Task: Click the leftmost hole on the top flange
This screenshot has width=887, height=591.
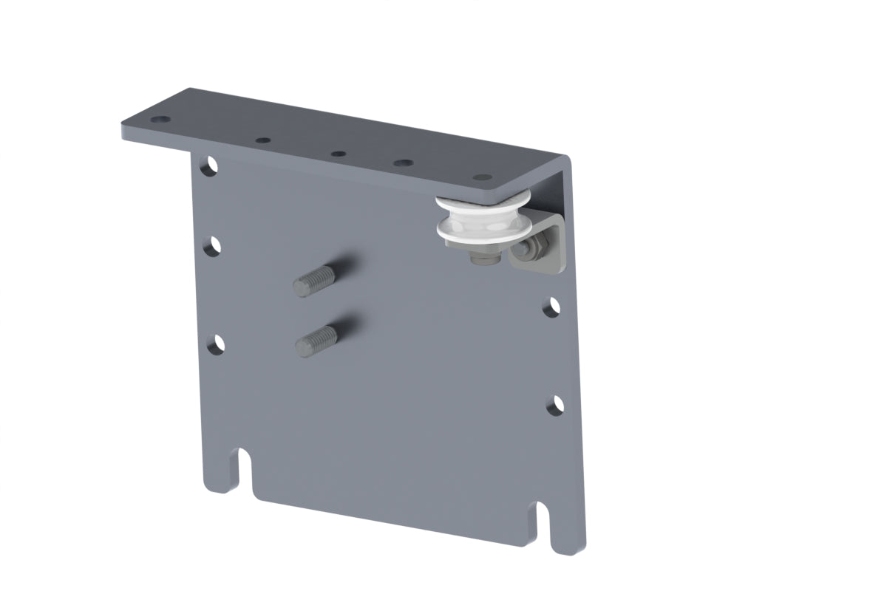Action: click(159, 120)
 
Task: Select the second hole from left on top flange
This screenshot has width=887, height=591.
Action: click(262, 139)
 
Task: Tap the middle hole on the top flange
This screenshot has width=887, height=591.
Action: click(338, 154)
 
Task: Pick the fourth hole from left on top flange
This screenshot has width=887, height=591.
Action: click(403, 163)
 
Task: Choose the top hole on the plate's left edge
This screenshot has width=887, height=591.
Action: click(210, 164)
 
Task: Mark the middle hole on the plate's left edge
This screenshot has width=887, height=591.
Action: click(213, 245)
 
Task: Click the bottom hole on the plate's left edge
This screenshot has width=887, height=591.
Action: click(215, 343)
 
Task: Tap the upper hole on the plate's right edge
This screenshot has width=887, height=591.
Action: click(551, 307)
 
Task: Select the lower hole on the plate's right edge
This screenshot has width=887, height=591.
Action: click(556, 403)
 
